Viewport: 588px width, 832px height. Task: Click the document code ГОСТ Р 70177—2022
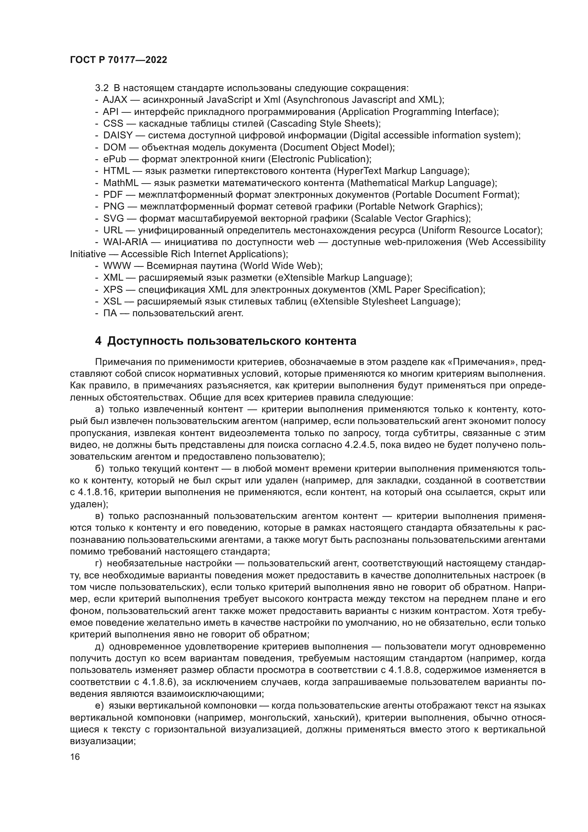pyautogui.click(x=118, y=60)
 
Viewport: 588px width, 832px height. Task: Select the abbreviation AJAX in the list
pyautogui.click(x=115, y=100)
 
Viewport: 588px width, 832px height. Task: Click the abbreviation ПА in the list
pyautogui.click(x=110, y=313)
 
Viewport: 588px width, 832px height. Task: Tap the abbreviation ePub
pyautogui.click(x=114, y=159)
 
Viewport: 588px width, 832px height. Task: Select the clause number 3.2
pyautogui.click(x=102, y=88)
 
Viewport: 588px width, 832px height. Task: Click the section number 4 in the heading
pyautogui.click(x=98, y=341)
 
